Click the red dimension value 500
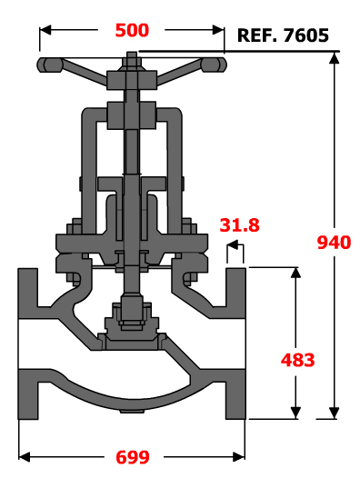coord(132,31)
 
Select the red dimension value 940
coord(334,243)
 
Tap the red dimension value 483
coord(297,360)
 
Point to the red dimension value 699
coord(133,457)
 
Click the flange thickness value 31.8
coord(239,225)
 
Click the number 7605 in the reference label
coord(306,35)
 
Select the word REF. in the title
coord(257,35)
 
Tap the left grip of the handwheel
coord(50,65)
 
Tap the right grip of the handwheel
coord(214,65)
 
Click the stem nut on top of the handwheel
coord(132,60)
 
